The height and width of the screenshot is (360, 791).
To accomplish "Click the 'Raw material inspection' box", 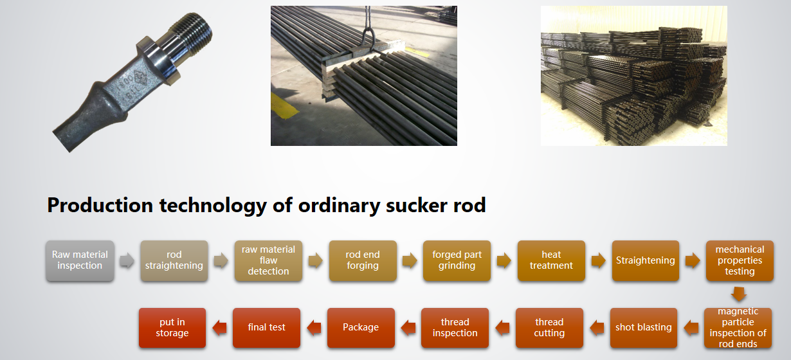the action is (80, 261).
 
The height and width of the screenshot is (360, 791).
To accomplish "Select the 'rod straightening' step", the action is (174, 261).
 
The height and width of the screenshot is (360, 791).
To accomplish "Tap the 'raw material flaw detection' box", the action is (268, 261).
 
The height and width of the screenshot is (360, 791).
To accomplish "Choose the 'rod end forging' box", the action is (363, 261).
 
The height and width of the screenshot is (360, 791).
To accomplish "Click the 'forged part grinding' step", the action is (457, 261).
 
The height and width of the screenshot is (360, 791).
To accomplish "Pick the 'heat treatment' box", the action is (551, 261).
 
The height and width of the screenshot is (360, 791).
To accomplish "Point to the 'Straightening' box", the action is (646, 261).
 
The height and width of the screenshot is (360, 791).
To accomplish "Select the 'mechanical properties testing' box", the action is (740, 261).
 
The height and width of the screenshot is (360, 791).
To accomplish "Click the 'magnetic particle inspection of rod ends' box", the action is (738, 328).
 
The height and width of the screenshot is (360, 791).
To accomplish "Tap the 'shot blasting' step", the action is (644, 328).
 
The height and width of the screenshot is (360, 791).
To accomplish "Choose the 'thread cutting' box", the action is (549, 328).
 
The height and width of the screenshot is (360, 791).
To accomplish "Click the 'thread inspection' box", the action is (455, 328).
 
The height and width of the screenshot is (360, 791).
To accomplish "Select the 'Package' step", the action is (361, 328).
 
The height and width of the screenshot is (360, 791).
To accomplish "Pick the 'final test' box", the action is (267, 328).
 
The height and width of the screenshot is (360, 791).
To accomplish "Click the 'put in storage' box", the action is (172, 328).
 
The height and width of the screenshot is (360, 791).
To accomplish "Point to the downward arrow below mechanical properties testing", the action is (739, 294).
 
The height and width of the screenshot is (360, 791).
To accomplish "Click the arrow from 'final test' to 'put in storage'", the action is (219, 328).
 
